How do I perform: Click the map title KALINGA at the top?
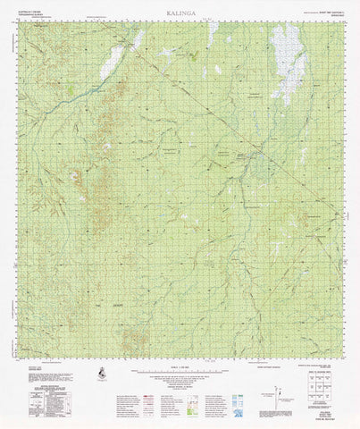179,13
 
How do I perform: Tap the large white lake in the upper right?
287,61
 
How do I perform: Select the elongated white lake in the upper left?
114,61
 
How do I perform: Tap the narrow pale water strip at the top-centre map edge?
211,34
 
